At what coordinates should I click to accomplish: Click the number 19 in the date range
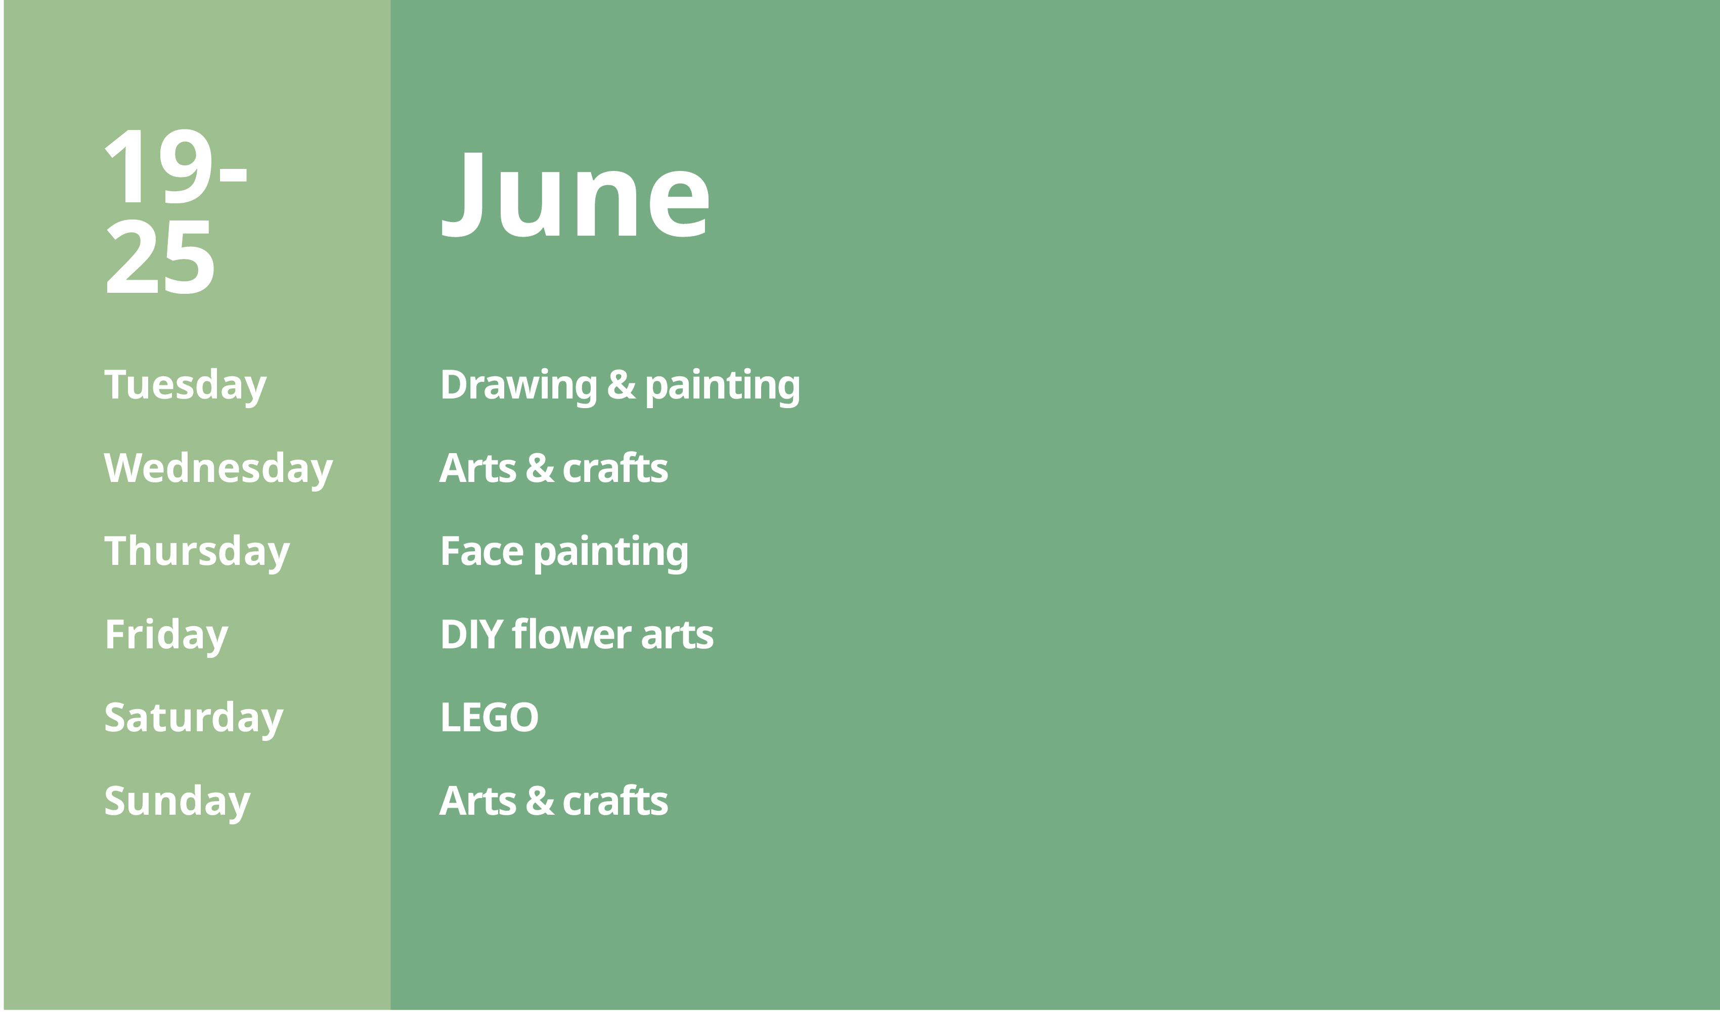158,166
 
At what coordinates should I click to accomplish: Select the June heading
576,195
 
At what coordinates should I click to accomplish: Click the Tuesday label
185,386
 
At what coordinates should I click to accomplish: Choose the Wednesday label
218,469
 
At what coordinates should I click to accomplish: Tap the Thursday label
197,552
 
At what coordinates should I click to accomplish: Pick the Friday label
166,636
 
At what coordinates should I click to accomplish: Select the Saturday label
193,719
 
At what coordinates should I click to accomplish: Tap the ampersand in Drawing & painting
621,384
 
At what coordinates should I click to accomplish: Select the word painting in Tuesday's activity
722,386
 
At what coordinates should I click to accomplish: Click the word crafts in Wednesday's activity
615,468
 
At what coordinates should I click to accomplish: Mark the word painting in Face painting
611,553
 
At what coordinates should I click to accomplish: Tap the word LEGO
490,718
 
